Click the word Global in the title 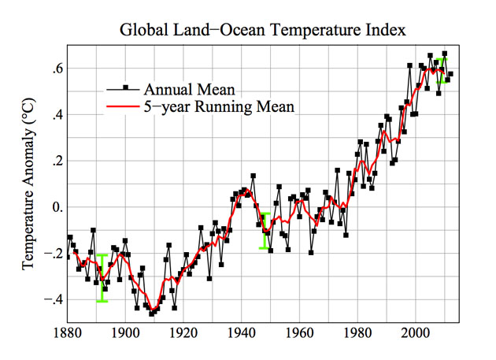[x=143, y=32]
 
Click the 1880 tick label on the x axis [x=68, y=335]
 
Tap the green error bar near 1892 [x=102, y=277]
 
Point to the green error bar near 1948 [x=265, y=231]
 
